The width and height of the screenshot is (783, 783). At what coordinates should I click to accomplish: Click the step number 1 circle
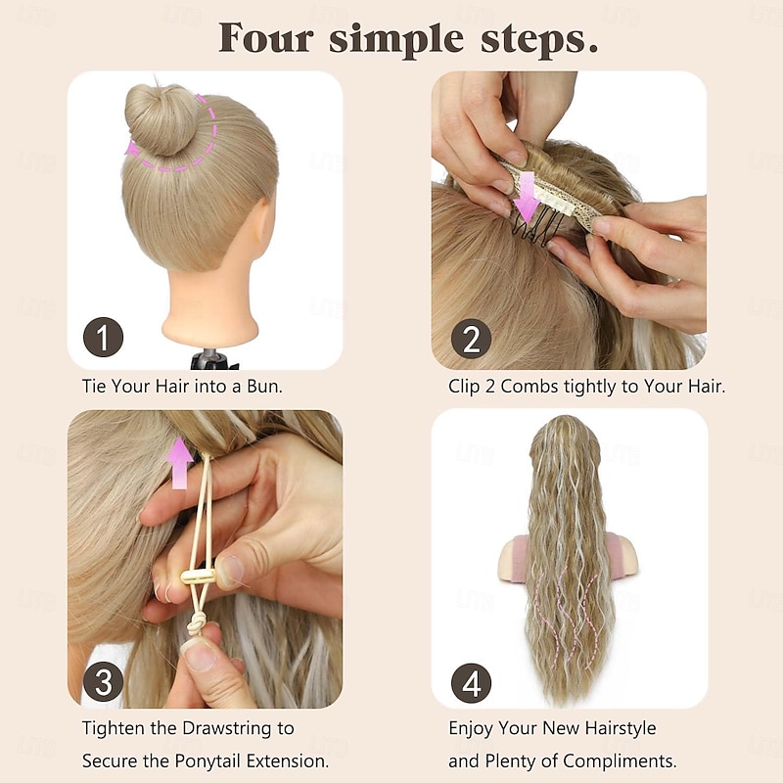click(103, 337)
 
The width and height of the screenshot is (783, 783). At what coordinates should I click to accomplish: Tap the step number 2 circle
click(471, 339)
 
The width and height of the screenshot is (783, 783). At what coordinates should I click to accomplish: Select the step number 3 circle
click(104, 681)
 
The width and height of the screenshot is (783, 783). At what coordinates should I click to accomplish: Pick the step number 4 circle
click(471, 683)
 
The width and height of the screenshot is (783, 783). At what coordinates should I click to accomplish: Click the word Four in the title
click(266, 38)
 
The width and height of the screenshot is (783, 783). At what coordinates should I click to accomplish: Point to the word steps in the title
click(539, 41)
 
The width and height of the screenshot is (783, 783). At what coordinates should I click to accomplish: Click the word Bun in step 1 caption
click(264, 386)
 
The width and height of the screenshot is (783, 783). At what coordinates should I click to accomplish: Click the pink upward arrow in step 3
click(179, 462)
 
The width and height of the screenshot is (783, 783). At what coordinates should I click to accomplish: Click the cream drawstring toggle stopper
click(198, 576)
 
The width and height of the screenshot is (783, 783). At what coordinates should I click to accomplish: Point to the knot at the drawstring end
click(195, 624)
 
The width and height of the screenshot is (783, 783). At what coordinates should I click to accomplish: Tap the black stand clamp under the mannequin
click(213, 359)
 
